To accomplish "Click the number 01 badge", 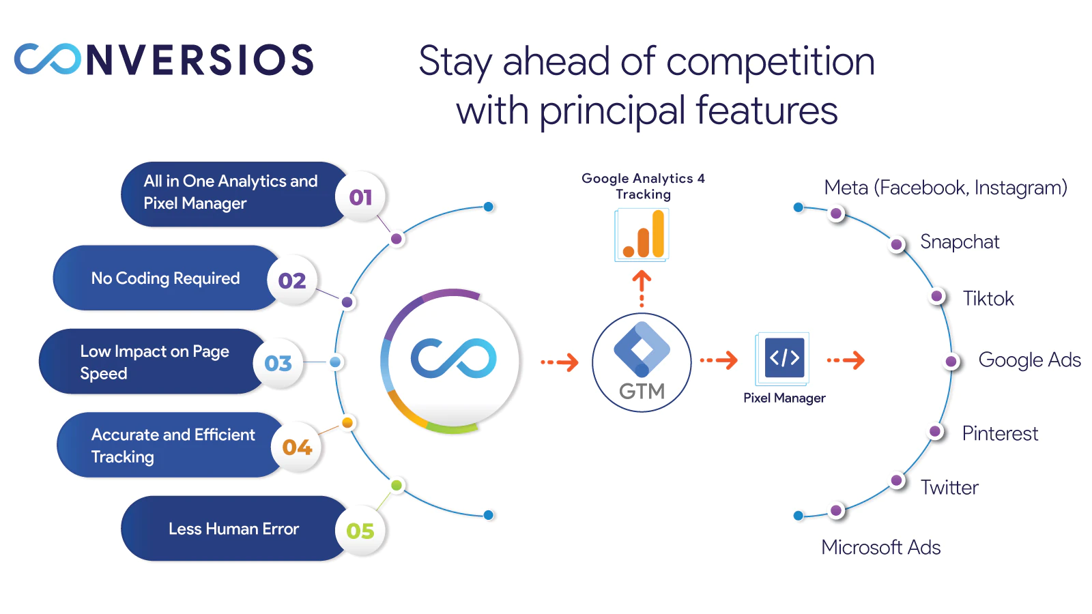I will tap(360, 197).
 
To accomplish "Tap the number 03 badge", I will tap(278, 363).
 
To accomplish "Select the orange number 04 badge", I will tap(297, 447).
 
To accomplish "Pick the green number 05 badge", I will tap(360, 531).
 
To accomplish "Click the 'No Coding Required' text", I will tap(165, 278).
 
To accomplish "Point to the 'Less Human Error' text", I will tap(233, 529).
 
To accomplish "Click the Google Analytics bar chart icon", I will tap(642, 235).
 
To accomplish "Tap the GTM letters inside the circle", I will tap(642, 391).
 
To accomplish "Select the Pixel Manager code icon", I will tap(784, 357).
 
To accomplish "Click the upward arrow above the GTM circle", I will tap(642, 287).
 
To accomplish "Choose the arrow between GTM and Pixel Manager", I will tap(719, 360).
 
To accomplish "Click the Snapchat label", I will tap(959, 242).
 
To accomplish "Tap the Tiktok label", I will tap(988, 298).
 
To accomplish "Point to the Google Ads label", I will tap(1029, 360).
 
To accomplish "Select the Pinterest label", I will tap(999, 433).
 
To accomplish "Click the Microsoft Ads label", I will tap(880, 547).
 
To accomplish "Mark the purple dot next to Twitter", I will tap(897, 480).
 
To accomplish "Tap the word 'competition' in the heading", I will tap(770, 61).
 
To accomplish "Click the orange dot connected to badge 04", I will tap(347, 423).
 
